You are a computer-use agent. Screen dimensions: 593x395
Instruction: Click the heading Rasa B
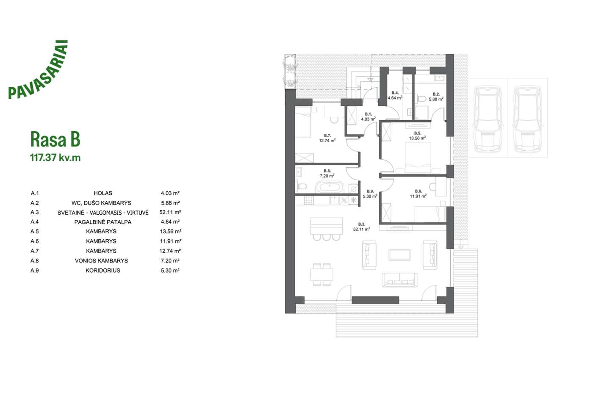tap(55, 139)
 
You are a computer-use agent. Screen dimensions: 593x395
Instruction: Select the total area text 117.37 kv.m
tap(55, 157)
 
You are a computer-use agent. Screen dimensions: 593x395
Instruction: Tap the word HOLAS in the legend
tap(103, 193)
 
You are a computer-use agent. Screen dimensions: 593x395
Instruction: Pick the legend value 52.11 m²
tap(170, 212)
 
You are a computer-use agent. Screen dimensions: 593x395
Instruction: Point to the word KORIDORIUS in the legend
tap(103, 271)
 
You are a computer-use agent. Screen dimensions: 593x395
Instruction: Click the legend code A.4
tap(35, 222)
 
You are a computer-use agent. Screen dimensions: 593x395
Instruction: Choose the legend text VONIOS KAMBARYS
tap(101, 261)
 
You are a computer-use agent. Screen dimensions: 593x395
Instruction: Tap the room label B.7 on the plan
tap(327, 135)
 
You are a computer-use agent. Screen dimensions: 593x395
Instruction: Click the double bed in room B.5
tap(418, 158)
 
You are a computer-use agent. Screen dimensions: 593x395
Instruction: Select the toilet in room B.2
tap(421, 99)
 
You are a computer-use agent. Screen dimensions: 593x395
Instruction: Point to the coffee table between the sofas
tap(399, 255)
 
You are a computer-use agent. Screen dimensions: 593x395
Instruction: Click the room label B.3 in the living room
tap(362, 224)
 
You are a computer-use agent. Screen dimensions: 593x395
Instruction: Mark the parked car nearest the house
tap(488, 119)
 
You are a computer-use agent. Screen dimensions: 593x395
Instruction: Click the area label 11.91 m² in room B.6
tap(418, 196)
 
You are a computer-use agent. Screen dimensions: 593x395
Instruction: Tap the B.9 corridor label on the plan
tap(370, 191)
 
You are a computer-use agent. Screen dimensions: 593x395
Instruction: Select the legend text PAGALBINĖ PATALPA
tap(103, 222)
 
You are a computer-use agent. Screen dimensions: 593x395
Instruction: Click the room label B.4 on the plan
tap(395, 93)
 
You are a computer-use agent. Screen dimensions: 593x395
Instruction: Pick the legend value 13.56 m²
tap(170, 231)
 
